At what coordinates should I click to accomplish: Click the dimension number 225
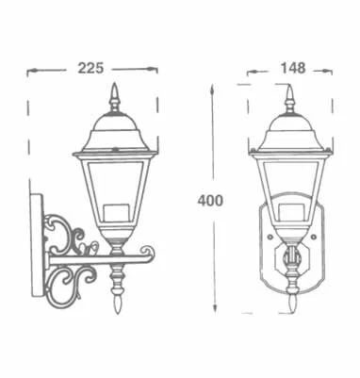(x=90, y=68)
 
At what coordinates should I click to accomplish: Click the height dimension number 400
(x=211, y=200)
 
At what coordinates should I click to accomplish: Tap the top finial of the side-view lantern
(x=116, y=95)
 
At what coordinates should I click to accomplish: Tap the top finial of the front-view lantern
(x=290, y=96)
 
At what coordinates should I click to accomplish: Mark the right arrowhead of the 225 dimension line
(x=155, y=69)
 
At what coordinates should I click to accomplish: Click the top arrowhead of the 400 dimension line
(x=216, y=85)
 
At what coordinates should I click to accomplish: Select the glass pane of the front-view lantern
(x=290, y=189)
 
